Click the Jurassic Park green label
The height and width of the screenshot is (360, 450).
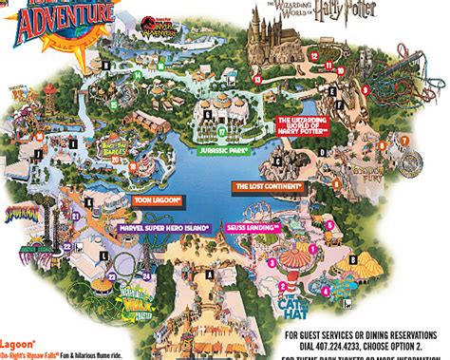[x=223, y=149]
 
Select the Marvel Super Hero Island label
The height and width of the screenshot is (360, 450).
[x=162, y=228]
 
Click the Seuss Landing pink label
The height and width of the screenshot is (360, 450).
[x=252, y=228]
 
